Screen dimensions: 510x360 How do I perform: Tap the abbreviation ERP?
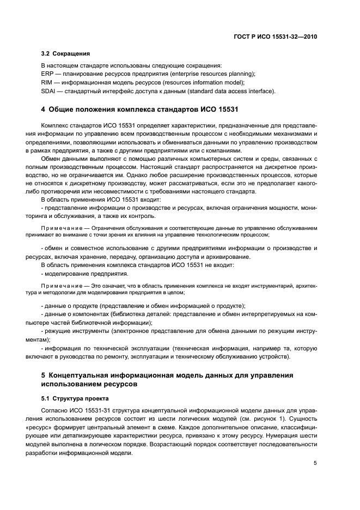(x=47, y=74)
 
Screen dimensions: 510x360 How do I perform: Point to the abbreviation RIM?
(x=47, y=82)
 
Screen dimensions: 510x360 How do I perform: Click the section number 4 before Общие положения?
(x=44, y=111)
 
